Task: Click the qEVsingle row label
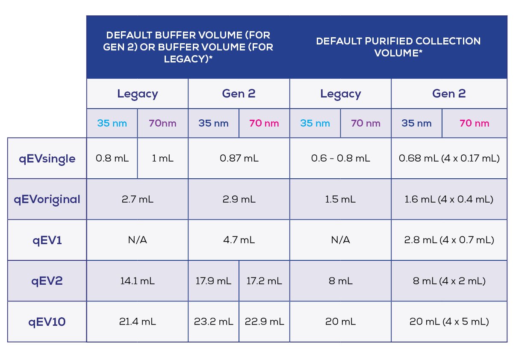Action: pyautogui.click(x=47, y=159)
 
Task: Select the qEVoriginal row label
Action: pyautogui.click(x=47, y=199)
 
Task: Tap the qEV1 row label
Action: pyautogui.click(x=47, y=240)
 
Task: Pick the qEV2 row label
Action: pyautogui.click(x=47, y=281)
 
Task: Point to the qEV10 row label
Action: pyautogui.click(x=47, y=322)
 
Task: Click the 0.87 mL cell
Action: pyautogui.click(x=239, y=159)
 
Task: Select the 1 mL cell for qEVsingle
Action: pyautogui.click(x=162, y=159)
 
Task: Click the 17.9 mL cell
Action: pyautogui.click(x=213, y=281)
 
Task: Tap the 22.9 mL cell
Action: pyautogui.click(x=264, y=322)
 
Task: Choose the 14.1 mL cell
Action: pyautogui.click(x=137, y=281)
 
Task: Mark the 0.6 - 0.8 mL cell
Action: pyautogui.click(x=340, y=159)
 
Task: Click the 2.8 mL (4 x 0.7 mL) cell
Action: pyautogui.click(x=449, y=240)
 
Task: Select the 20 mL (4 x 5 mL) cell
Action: pyautogui.click(x=449, y=322)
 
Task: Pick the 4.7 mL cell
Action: pyautogui.click(x=239, y=240)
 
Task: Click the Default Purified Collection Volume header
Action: pyautogui.click(x=398, y=47)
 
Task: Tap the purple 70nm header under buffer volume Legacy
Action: pyautogui.click(x=162, y=124)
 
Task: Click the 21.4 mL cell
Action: pyautogui.click(x=137, y=322)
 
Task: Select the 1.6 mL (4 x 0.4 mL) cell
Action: pyautogui.click(x=449, y=199)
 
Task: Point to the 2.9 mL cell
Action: pyautogui.click(x=239, y=199)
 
